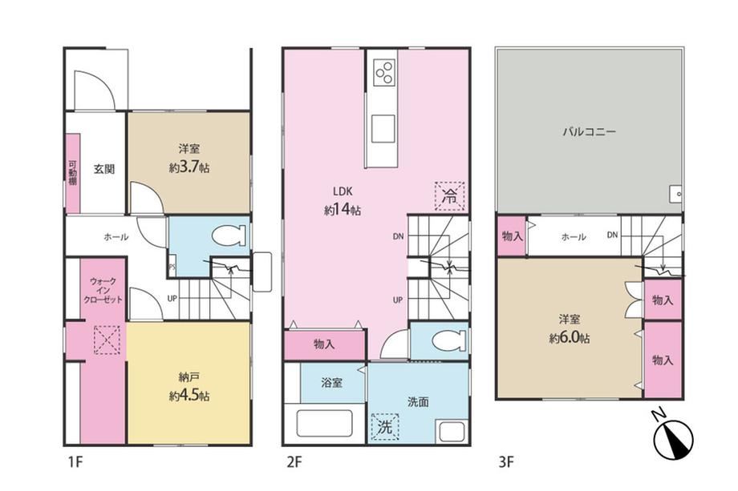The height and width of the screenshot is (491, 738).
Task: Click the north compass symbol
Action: tap(673, 438)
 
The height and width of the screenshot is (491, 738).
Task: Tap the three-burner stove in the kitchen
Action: tap(384, 73)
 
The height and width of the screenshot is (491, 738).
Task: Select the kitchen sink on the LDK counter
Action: tap(383, 129)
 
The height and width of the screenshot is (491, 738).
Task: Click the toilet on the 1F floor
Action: tap(229, 235)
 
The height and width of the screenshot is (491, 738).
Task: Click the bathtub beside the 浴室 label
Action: tap(324, 423)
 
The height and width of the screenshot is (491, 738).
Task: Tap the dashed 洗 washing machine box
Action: tap(385, 427)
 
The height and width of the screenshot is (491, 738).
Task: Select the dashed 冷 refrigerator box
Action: tap(449, 196)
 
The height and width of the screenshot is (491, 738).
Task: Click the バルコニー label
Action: tap(590, 131)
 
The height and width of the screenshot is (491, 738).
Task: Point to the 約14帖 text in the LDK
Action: tap(343, 210)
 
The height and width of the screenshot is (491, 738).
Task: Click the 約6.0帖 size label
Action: tap(569, 338)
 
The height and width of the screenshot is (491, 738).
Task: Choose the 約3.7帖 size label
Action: tap(189, 167)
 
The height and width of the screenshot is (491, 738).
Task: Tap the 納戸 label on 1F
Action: tap(189, 376)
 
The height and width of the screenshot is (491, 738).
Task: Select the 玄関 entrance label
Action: tap(104, 169)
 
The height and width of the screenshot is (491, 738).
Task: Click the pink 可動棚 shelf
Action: tap(72, 173)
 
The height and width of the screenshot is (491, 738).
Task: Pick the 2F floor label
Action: tap(294, 462)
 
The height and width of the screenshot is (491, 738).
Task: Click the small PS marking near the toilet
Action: tap(172, 268)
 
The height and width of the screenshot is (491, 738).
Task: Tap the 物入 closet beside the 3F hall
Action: tap(512, 235)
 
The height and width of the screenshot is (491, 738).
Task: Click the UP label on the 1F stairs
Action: tap(172, 298)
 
